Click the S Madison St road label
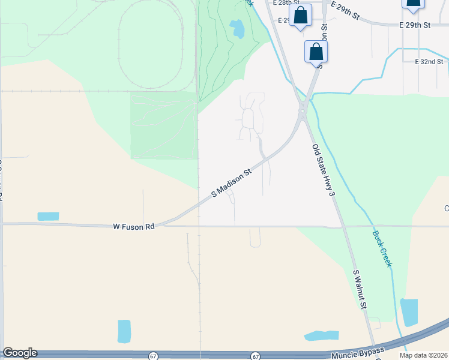pos(231,184)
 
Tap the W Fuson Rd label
pos(134,227)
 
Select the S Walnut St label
pos(360,290)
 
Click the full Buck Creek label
pos(382,249)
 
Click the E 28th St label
pos(286,3)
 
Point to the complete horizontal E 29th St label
pos(415,25)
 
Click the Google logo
pos(20,353)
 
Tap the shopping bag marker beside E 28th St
pos(301,16)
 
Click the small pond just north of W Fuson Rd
pos(48,216)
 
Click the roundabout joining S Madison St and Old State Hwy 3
pos(303,110)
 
